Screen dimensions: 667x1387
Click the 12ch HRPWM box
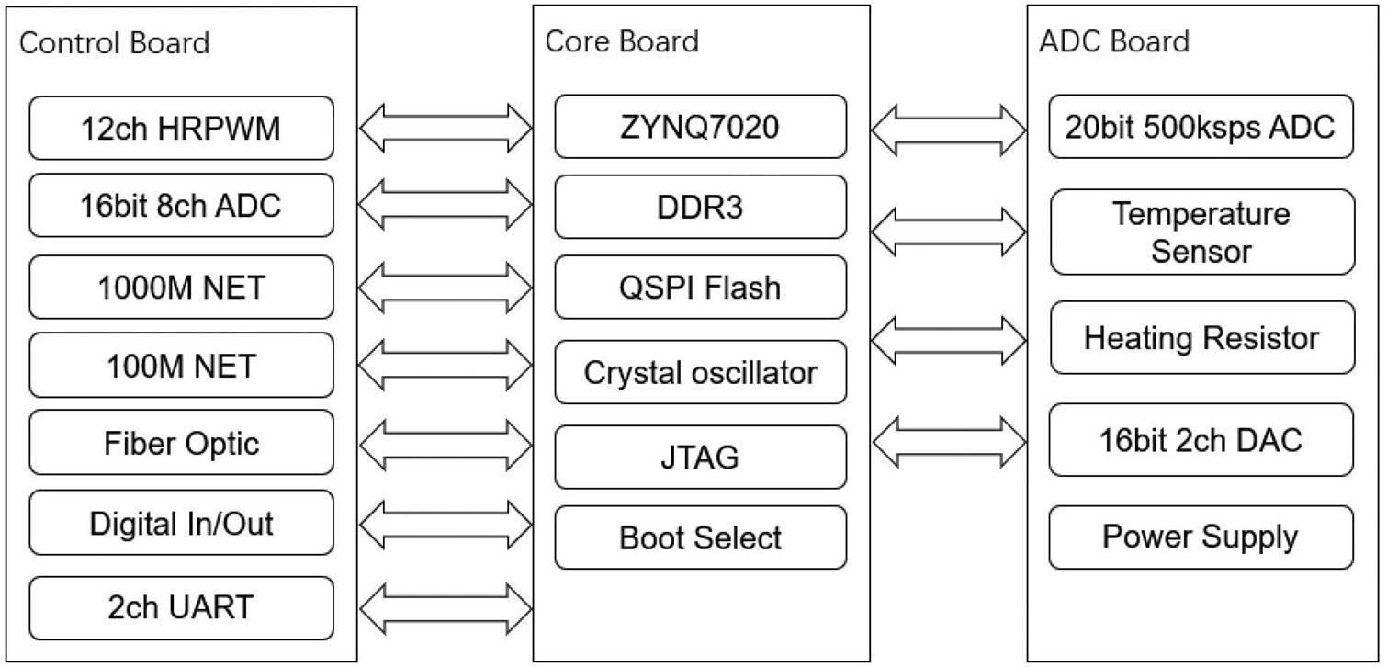point(181,128)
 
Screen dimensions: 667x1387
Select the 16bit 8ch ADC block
point(181,205)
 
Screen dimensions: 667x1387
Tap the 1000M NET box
point(181,287)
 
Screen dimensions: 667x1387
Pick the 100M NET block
point(181,365)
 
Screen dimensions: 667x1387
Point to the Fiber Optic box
point(181,442)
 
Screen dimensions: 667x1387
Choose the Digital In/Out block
point(181,522)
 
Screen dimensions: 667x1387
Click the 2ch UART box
point(181,607)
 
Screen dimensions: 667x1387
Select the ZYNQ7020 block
point(700,127)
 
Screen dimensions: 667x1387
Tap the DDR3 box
point(700,207)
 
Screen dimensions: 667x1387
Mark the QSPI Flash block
point(700,287)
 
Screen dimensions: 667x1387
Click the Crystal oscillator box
point(700,372)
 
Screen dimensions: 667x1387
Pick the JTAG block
point(700,457)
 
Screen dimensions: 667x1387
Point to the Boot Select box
point(700,537)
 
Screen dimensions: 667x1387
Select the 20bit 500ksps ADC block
point(1201,127)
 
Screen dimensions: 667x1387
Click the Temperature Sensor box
point(1201,232)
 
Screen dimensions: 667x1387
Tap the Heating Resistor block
point(1201,337)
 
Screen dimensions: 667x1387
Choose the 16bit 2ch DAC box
point(1201,439)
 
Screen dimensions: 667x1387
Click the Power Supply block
point(1201,537)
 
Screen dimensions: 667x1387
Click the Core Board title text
point(622,41)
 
